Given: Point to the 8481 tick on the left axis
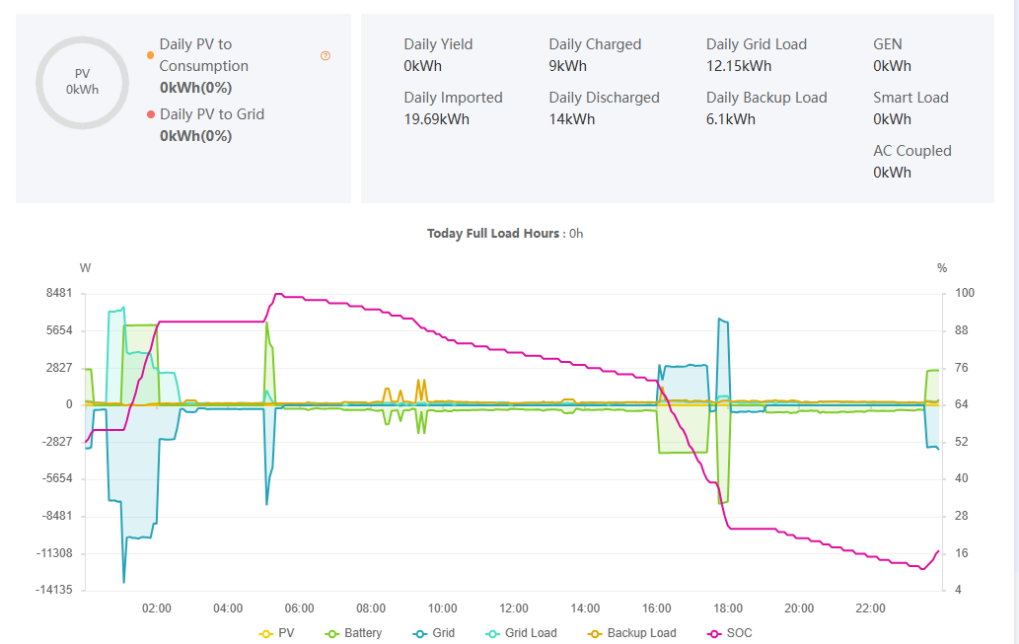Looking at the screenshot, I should (59, 293).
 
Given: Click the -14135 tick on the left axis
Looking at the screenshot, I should (55, 590).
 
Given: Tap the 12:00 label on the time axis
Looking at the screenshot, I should (514, 608).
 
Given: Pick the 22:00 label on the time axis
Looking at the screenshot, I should (870, 608).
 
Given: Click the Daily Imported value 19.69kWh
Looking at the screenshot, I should (436, 119).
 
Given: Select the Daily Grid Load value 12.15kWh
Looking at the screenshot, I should (739, 66).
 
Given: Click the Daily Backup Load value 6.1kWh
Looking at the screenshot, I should (731, 119).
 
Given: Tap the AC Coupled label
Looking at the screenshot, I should (912, 151).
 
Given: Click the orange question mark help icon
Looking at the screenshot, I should (326, 56).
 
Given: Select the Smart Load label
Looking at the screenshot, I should (910, 98).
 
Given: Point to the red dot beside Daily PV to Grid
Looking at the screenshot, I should (150, 114).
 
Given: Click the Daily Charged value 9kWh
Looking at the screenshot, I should (568, 66).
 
